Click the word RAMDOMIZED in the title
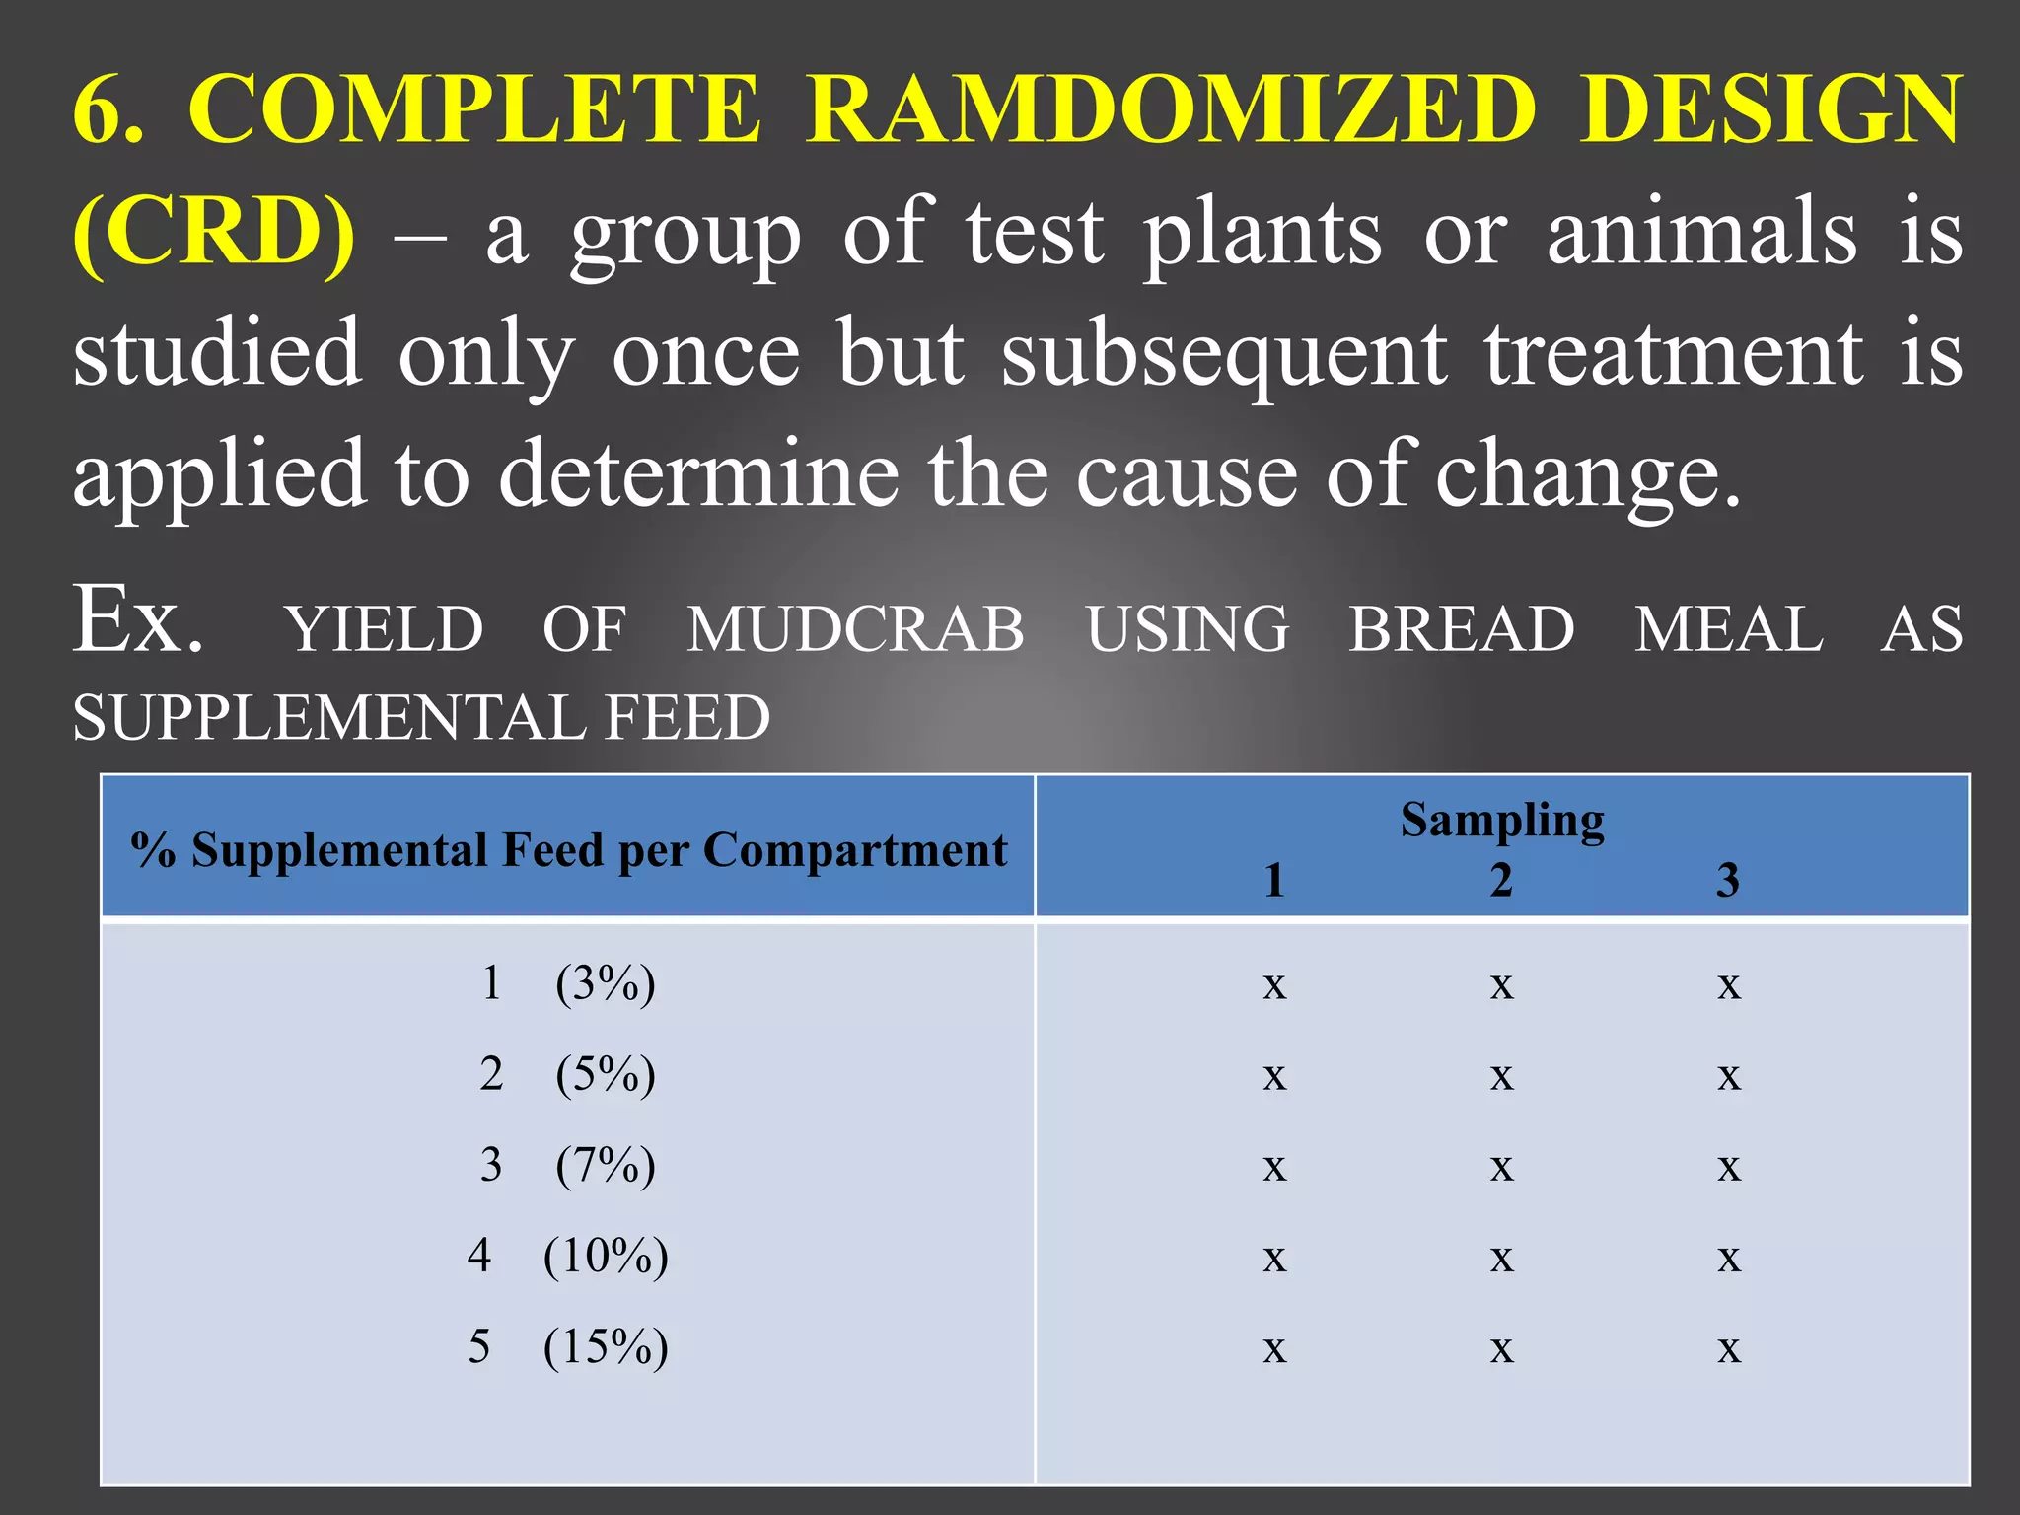pos(1172,109)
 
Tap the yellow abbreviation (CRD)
pos(214,233)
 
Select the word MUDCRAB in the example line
pos(856,629)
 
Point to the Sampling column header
pos(1501,821)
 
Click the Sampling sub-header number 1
pos(1274,880)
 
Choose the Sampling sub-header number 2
pos(1501,880)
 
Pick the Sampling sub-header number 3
pos(1728,880)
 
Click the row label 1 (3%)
pos(568,984)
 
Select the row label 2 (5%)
pos(568,1075)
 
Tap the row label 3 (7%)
pos(568,1166)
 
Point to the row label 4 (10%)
pos(568,1257)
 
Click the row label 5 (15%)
pos(568,1347)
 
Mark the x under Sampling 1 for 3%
pos(1274,986)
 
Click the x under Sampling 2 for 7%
pos(1501,1168)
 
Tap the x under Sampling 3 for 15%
pos(1728,1349)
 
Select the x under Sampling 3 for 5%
pos(1728,1077)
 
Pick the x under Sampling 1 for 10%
pos(1274,1259)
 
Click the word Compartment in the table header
pos(855,850)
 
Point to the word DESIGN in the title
pos(1770,109)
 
